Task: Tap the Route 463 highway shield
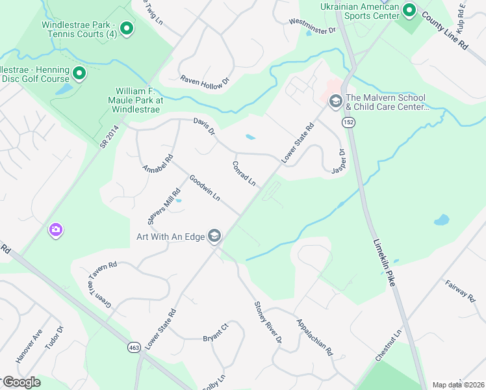coord(134,348)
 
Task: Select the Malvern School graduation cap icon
coord(336,100)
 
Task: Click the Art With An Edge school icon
coord(214,236)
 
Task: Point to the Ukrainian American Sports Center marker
coord(409,10)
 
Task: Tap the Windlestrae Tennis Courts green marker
coord(127,28)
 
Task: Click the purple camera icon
coord(55,229)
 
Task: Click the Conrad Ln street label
coord(244,174)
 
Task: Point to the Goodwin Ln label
coord(205,188)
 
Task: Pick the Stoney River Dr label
coord(268,322)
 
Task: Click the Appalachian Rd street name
coord(314,337)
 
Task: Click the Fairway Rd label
coord(461,291)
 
